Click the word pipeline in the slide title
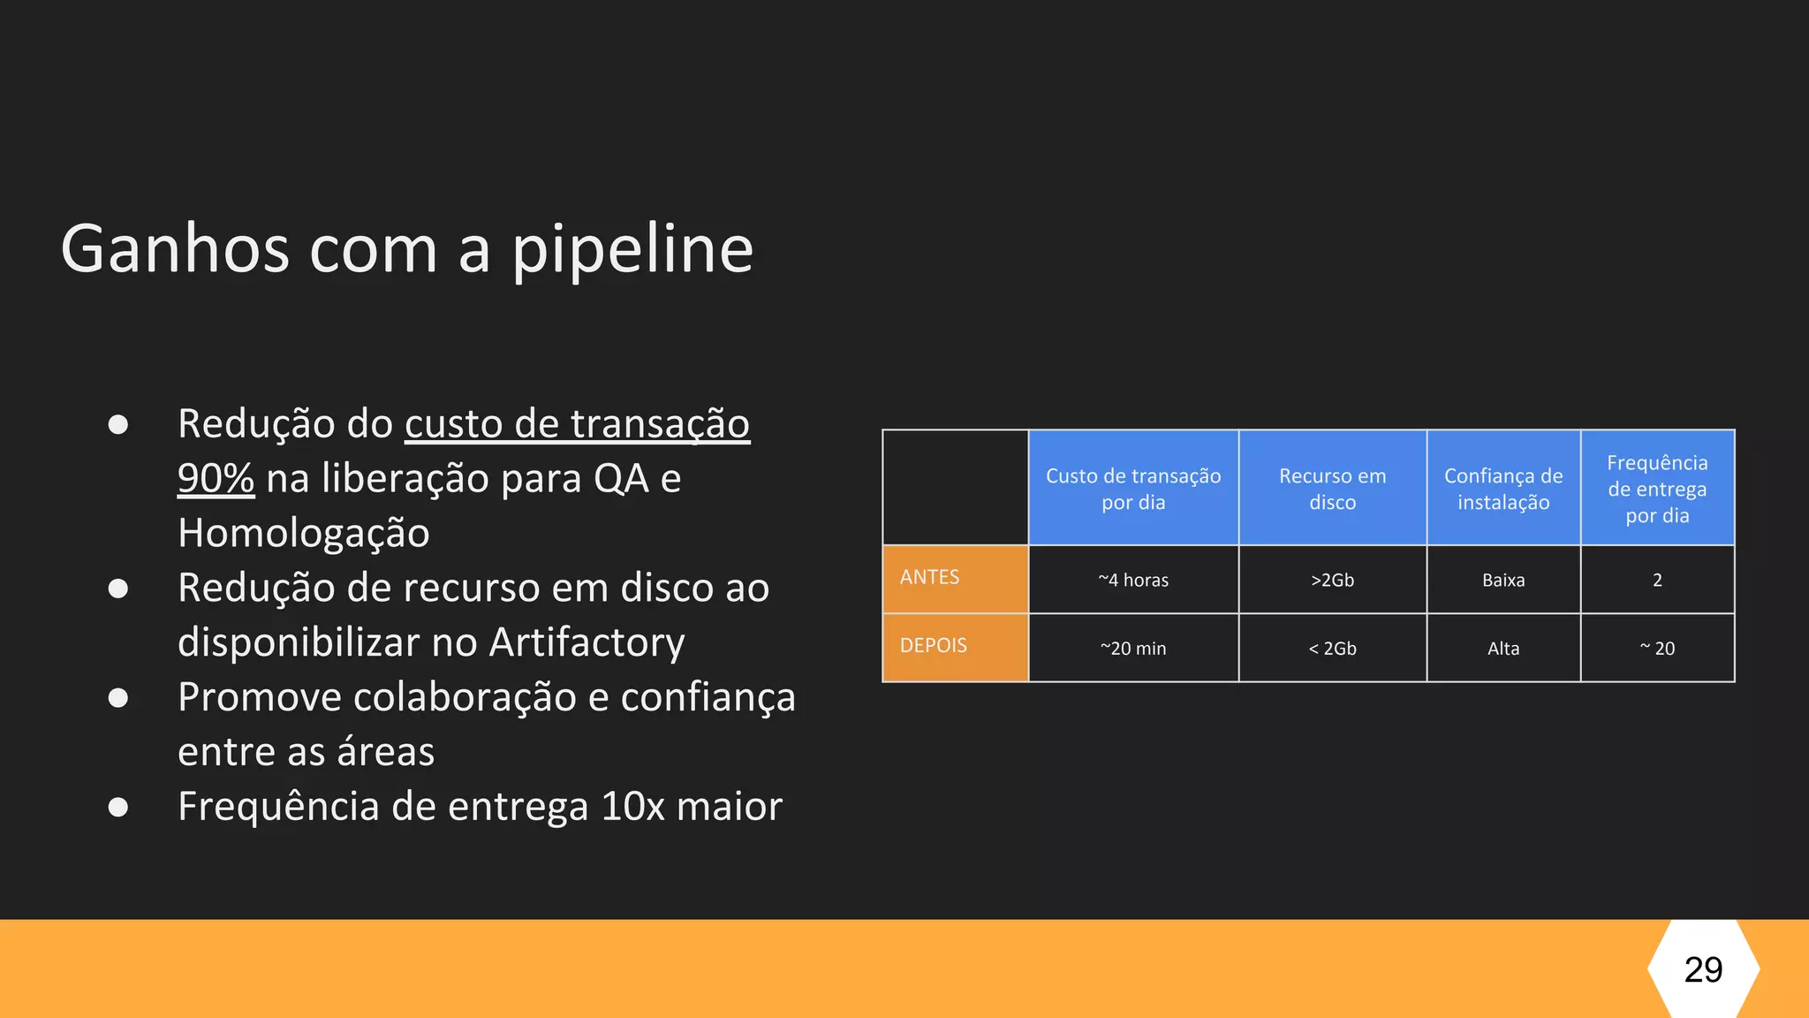pyautogui.click(x=632, y=250)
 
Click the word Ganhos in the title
pyautogui.click(x=175, y=250)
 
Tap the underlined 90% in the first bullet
pyautogui.click(x=216, y=478)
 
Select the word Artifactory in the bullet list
pyautogui.click(x=587, y=642)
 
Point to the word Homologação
pyautogui.click(x=304, y=533)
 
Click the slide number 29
pyautogui.click(x=1703, y=969)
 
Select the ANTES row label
pyautogui.click(x=929, y=578)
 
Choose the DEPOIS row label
pyautogui.click(x=933, y=646)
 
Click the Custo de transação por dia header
pyautogui.click(x=1133, y=489)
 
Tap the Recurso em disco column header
pyautogui.click(x=1332, y=489)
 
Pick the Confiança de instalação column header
pyautogui.click(x=1503, y=489)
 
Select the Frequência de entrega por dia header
pyautogui.click(x=1657, y=489)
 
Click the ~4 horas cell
pyautogui.click(x=1133, y=580)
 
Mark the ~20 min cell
pyautogui.click(x=1133, y=649)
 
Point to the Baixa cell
pyautogui.click(x=1503, y=580)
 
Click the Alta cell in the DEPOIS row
pyautogui.click(x=1503, y=649)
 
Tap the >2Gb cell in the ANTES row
pyautogui.click(x=1332, y=580)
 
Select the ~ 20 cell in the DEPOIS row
pyautogui.click(x=1657, y=649)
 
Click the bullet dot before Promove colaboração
pyautogui.click(x=118, y=698)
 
